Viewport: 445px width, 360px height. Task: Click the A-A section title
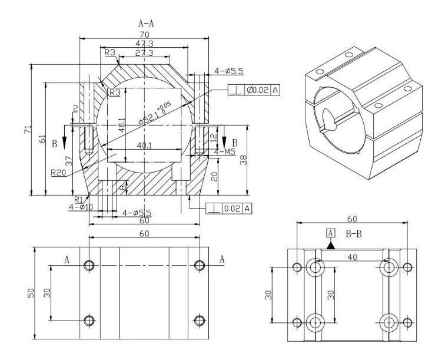coord(148,24)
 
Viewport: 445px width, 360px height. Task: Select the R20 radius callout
coord(58,173)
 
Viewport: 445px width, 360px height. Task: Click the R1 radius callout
coord(77,199)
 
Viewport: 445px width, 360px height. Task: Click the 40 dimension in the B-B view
coord(352,257)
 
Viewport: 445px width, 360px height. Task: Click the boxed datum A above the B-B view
coord(331,233)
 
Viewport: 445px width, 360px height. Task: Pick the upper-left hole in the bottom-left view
coord(89,265)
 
